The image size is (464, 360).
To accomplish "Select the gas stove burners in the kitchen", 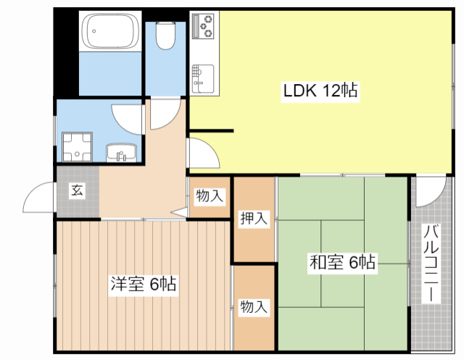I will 204,26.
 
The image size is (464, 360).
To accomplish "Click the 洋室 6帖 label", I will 143,283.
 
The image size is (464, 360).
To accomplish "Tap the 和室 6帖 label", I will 342,262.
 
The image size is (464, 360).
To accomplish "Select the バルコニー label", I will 431,264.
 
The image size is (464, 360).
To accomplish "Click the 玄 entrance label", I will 78,191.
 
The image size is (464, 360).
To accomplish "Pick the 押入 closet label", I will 254,218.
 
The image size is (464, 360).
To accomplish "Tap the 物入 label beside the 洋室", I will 254,307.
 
